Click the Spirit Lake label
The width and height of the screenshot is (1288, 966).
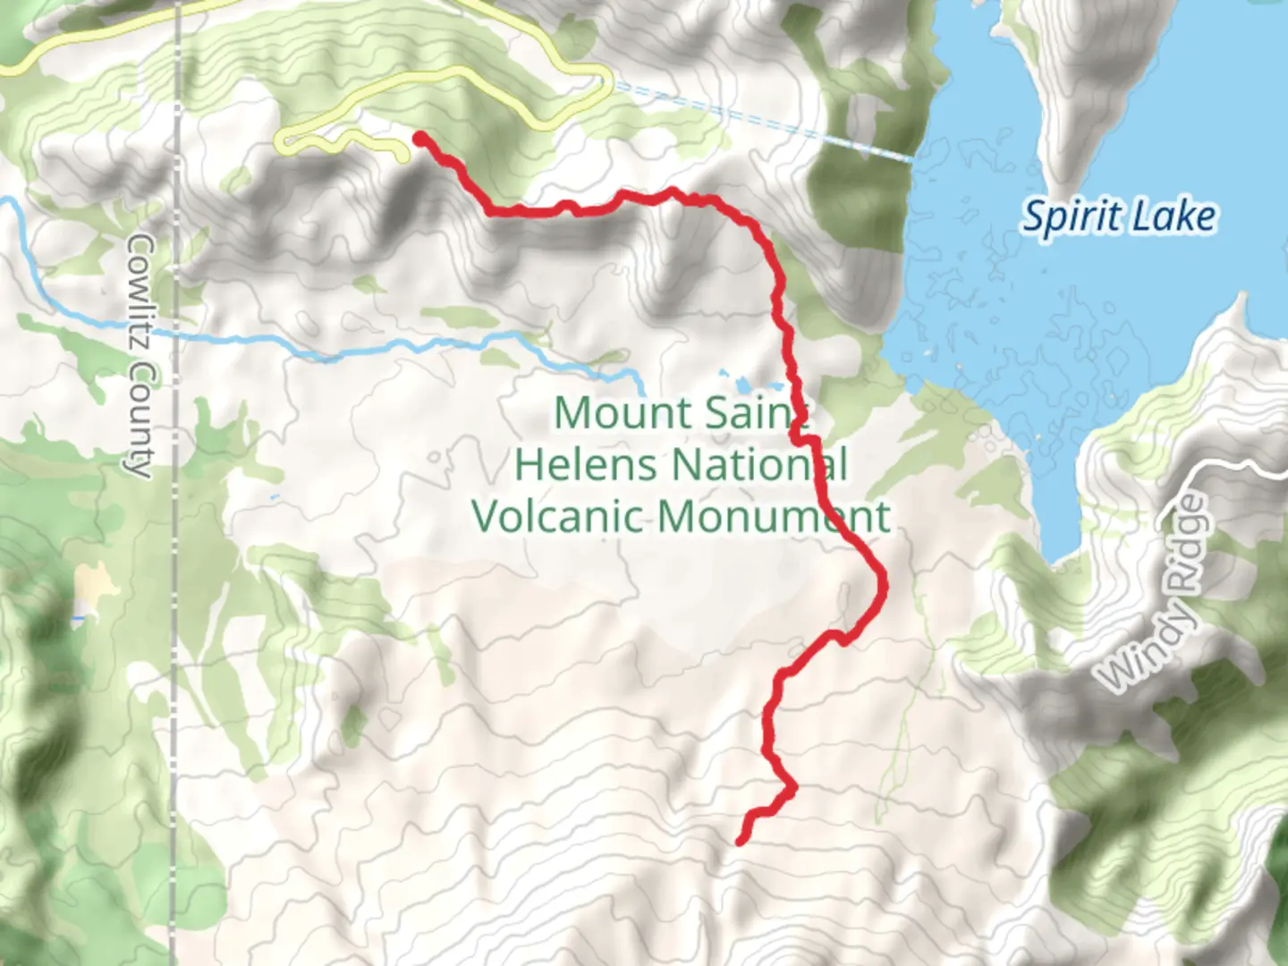(x=1119, y=217)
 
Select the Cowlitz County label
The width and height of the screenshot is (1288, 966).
(x=140, y=355)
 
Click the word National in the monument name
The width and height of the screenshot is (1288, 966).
(x=759, y=464)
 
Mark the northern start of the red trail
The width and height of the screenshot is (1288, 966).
(x=419, y=137)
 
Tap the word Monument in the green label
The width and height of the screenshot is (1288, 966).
(x=775, y=516)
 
